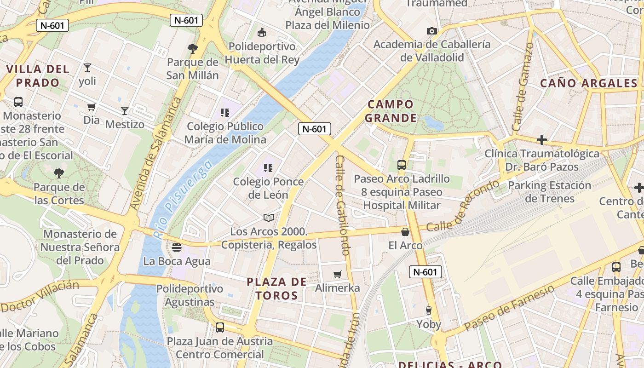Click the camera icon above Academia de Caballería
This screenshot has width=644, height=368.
tap(431, 31)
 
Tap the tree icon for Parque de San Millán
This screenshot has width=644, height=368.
tap(193, 48)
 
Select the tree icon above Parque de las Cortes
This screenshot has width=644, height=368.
tap(59, 173)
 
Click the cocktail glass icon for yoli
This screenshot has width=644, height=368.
tap(87, 68)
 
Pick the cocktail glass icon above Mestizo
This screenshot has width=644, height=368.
tap(124, 111)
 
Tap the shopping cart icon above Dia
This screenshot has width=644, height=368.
tap(92, 107)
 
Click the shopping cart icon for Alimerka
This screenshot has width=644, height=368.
tap(338, 275)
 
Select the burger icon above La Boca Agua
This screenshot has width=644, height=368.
tap(177, 247)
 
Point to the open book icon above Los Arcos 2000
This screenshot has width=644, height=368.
tap(269, 218)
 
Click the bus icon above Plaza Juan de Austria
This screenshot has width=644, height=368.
tap(220, 328)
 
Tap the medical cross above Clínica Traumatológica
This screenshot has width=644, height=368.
tap(542, 140)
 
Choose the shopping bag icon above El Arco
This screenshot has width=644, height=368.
tap(405, 232)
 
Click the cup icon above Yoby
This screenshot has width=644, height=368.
tap(429, 310)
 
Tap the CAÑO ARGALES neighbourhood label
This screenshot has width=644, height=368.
tap(588, 83)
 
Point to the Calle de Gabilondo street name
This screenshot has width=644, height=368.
tap(343, 205)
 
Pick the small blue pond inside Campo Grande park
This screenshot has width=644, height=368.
tap(433, 123)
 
